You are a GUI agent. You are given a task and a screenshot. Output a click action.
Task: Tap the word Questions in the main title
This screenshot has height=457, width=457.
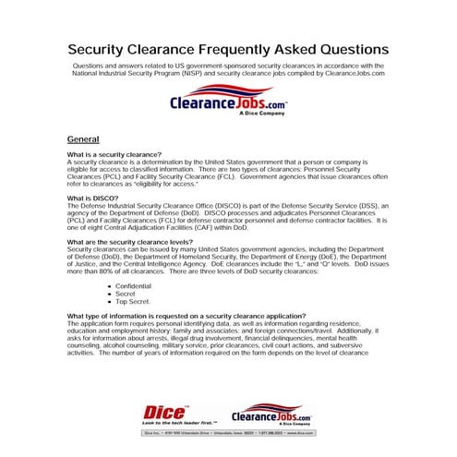pyautogui.click(x=343, y=47)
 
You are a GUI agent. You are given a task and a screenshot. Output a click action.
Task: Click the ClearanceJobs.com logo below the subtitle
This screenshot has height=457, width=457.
pyautogui.click(x=228, y=106)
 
